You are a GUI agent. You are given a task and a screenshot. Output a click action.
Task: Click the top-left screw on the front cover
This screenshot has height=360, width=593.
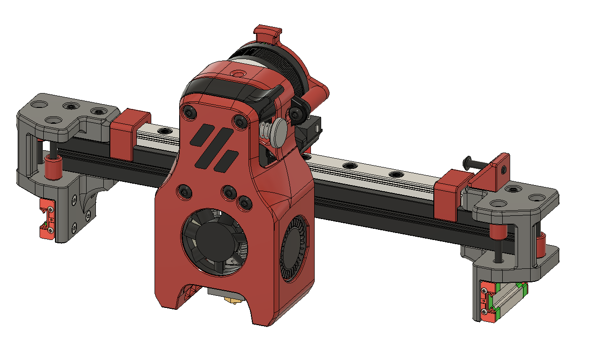188,112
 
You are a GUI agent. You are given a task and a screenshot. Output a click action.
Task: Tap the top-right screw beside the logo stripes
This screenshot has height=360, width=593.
240,122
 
